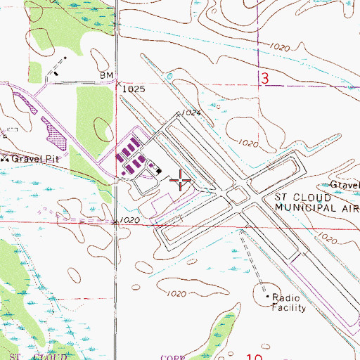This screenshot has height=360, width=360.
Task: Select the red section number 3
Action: pos(265,79)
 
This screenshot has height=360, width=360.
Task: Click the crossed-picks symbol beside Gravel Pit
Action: pos(4,158)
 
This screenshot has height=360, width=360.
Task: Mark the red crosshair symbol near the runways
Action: pos(181,182)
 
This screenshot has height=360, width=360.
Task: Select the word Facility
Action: pos(290,307)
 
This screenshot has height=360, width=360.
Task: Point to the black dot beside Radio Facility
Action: pos(268,297)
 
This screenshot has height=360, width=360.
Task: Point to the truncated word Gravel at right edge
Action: pos(345,186)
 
